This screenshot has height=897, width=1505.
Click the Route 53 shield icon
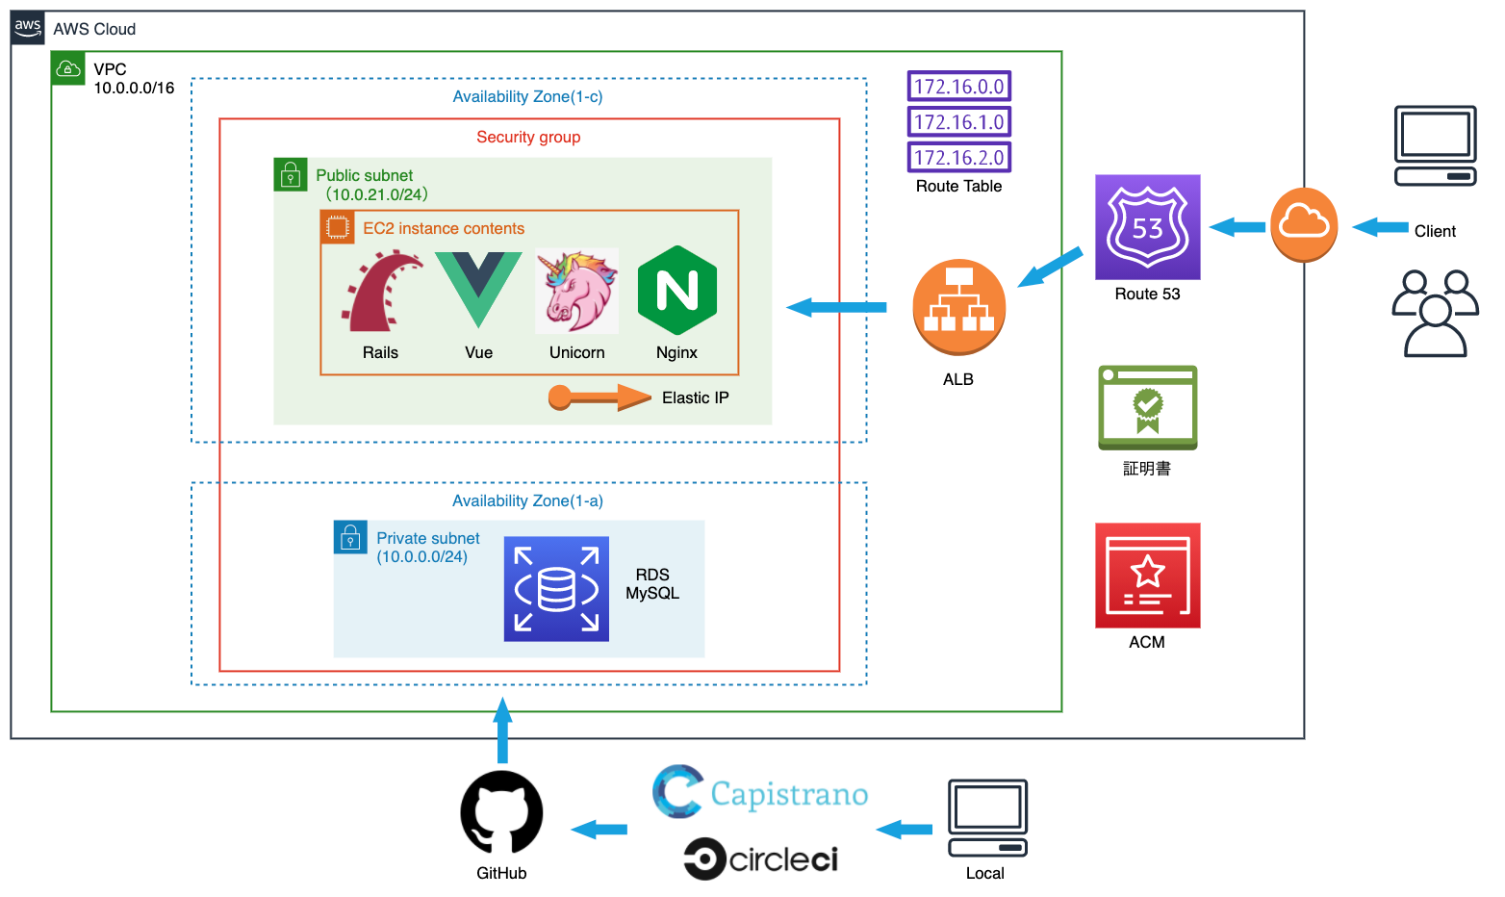(x=1147, y=227)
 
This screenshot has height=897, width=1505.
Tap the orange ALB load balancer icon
(x=958, y=307)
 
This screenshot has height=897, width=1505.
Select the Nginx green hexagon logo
(x=677, y=290)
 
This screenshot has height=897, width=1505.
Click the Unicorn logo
(x=577, y=291)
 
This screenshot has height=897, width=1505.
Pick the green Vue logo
(x=478, y=289)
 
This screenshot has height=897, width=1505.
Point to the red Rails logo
(x=381, y=291)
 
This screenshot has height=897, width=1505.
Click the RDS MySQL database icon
(x=556, y=589)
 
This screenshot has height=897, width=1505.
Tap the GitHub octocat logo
(x=501, y=812)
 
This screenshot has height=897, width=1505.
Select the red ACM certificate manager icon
(x=1147, y=576)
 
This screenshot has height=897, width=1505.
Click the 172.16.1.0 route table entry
(x=958, y=122)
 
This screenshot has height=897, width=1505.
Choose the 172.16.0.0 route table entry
(x=958, y=87)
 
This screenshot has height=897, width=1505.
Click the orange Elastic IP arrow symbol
(x=599, y=397)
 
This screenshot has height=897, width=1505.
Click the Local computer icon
(x=987, y=818)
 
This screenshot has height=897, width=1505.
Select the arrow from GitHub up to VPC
(x=502, y=730)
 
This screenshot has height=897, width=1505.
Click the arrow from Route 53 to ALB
(x=1050, y=268)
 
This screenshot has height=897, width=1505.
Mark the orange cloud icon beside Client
(x=1304, y=224)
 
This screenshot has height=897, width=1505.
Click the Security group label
(x=528, y=137)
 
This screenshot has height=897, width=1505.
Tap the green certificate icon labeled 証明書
(x=1147, y=407)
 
